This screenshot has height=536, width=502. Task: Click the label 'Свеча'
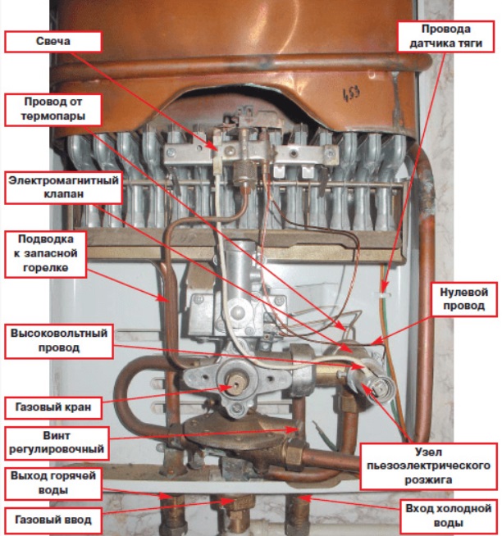[53, 41]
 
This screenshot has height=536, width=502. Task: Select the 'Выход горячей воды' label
[53, 483]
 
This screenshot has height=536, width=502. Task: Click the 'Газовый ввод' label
[53, 518]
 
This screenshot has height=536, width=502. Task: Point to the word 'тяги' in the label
[468, 43]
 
